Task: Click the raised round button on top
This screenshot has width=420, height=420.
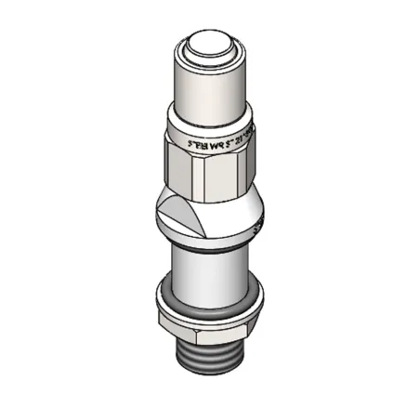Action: tap(210, 46)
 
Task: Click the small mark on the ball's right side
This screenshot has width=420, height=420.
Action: tap(259, 223)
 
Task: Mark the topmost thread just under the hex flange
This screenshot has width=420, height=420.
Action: tap(210, 345)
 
